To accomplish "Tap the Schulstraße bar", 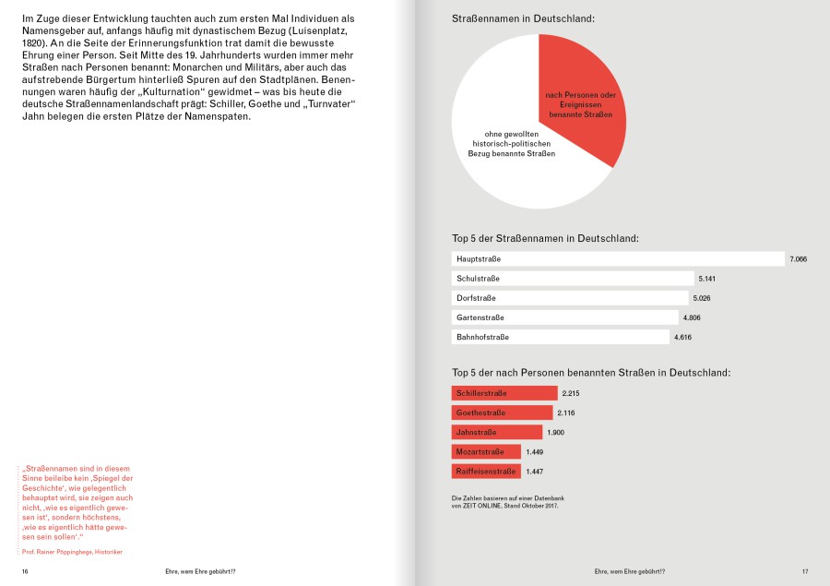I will [573, 279].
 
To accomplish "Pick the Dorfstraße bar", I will [570, 298].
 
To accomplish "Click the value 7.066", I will [799, 259].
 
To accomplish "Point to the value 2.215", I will [571, 394].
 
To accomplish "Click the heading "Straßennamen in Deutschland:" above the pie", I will [523, 18].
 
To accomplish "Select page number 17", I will [804, 572].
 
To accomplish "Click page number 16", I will [26, 572].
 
